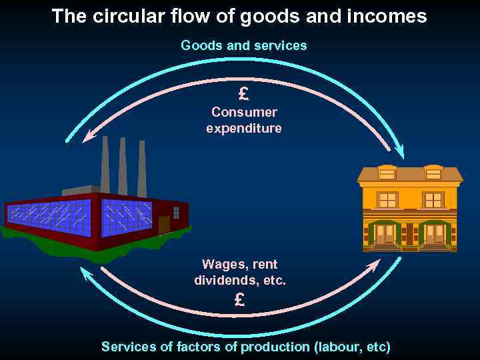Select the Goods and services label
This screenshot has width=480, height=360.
pos(244,45)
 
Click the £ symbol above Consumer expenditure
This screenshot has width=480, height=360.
pos(243,94)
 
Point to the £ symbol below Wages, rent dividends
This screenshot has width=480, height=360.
pos(239,300)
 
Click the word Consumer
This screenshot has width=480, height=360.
pos(244,112)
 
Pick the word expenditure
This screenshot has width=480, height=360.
pos(244,128)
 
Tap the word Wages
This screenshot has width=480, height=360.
pos(225,265)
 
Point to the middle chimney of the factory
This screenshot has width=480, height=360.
pos(123,167)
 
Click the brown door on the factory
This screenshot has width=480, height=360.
pos(164,225)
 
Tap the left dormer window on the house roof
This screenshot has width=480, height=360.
pos(387,173)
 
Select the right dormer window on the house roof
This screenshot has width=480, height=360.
pos(433,173)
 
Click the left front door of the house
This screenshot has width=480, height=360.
pos(385,234)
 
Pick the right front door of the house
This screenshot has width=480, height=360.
pos(435,234)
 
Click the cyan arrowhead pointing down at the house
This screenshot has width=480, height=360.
pos(399,152)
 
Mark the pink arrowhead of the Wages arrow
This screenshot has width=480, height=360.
pos(373,265)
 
